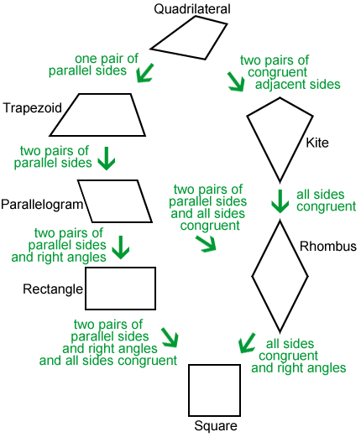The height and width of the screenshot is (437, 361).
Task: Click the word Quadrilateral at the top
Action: coord(192,8)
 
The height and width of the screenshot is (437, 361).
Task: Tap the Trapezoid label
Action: coord(32,107)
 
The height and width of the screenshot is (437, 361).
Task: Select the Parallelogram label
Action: coord(42,205)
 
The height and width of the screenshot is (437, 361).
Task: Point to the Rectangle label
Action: coord(53,289)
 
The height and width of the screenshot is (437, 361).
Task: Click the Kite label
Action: coord(317,143)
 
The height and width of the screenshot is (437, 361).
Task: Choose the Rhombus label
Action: coord(328,247)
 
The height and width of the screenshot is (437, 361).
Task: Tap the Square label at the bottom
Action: coord(216,426)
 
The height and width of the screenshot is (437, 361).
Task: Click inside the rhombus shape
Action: coord(280,277)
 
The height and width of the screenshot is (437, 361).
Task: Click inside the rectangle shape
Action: coord(121,289)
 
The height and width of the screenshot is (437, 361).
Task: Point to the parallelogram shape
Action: coord(115,201)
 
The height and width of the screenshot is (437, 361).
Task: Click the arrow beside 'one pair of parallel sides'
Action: coord(144,73)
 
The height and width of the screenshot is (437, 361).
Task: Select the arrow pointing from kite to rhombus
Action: coord(280,201)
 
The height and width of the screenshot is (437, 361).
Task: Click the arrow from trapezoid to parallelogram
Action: coord(107,159)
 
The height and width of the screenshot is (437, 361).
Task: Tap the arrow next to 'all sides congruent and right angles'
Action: coord(246,343)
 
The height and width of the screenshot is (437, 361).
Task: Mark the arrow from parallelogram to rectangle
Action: coord(121,247)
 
